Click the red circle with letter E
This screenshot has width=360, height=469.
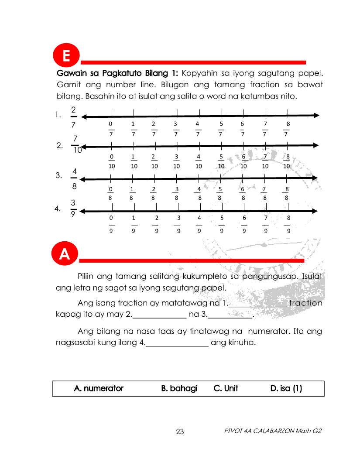tap(66, 57)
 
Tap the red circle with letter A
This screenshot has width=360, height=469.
tap(65, 253)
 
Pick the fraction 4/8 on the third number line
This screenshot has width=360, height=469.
tap(199, 193)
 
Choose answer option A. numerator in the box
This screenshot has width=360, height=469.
tap(99, 388)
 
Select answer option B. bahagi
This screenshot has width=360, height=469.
tap(179, 388)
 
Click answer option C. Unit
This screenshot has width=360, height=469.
tap(226, 388)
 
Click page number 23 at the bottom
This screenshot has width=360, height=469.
tap(180, 432)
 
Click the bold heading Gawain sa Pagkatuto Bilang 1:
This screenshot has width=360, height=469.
tap(118, 72)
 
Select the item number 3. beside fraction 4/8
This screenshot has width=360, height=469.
tap(59, 176)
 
